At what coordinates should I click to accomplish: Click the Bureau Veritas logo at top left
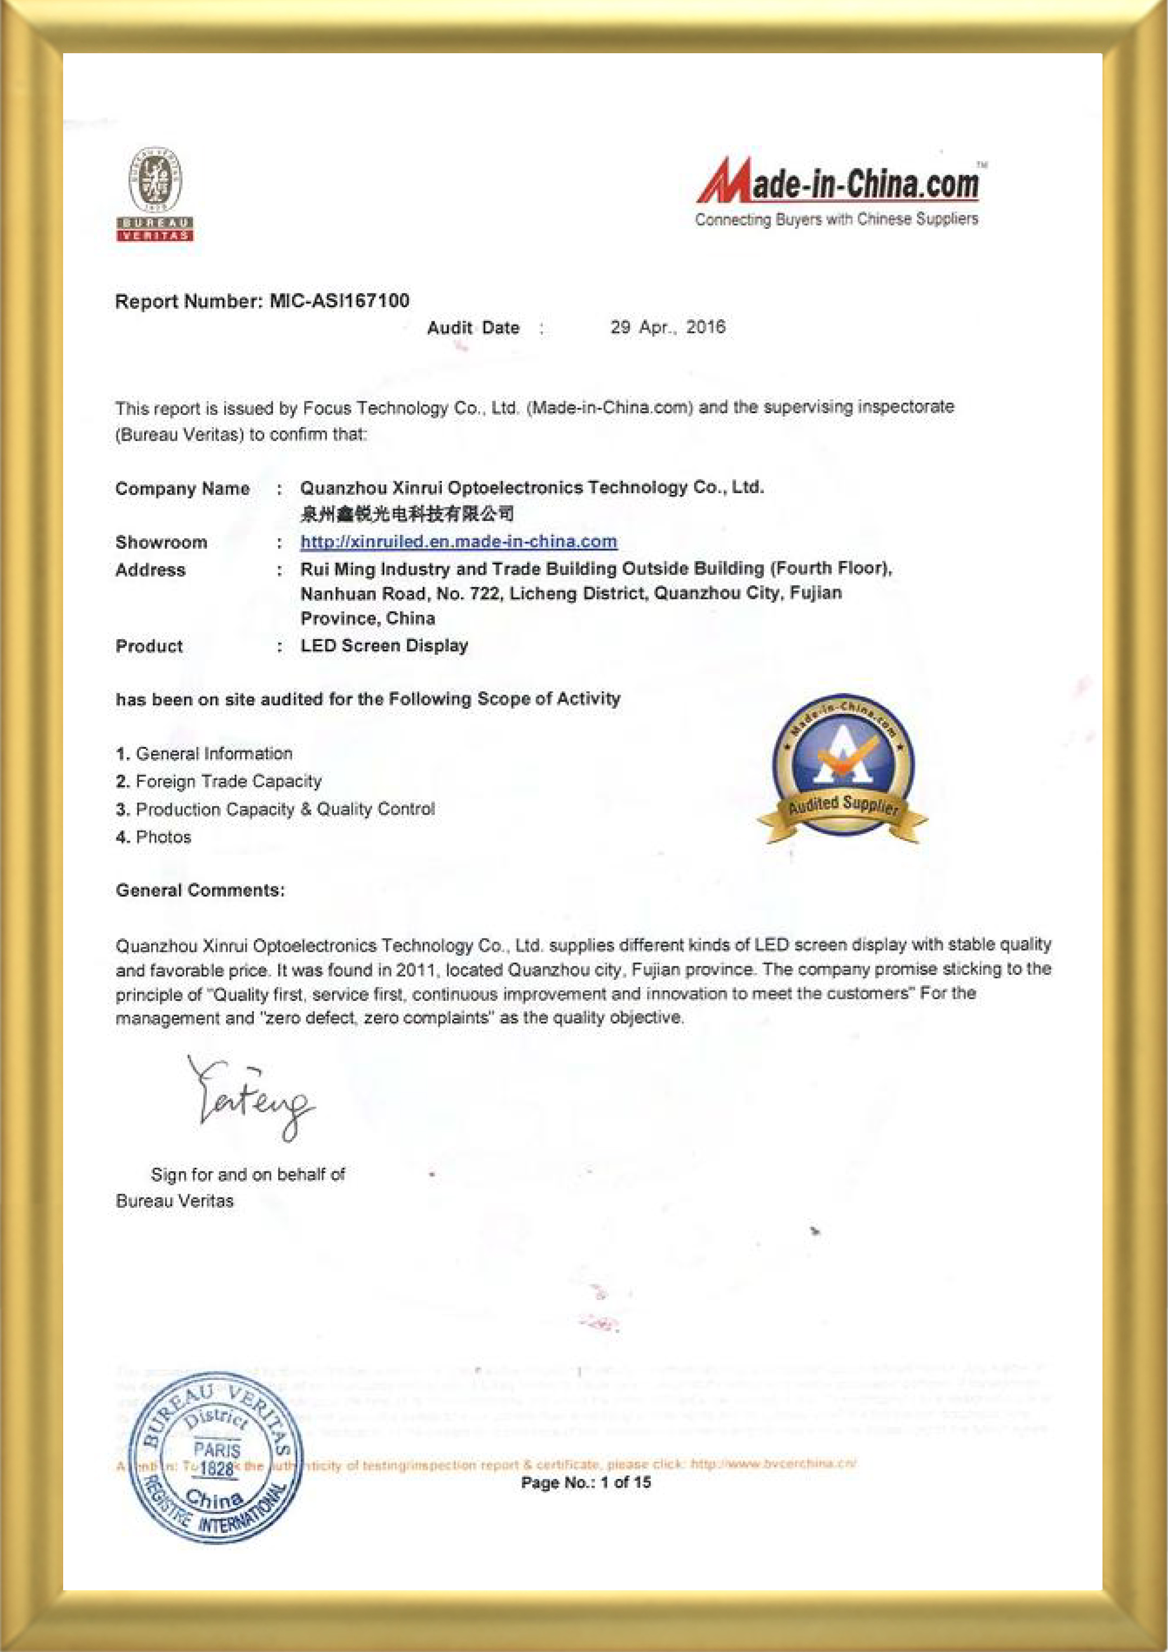155,194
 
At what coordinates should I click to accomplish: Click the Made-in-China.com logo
838,181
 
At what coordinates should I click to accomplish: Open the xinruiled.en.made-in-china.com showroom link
458,542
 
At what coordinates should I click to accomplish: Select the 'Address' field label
150,570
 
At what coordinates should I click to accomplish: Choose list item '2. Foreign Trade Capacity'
219,781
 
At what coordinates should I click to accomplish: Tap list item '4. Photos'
153,837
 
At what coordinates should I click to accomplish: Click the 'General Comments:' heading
200,890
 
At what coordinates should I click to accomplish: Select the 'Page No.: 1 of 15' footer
586,1482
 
